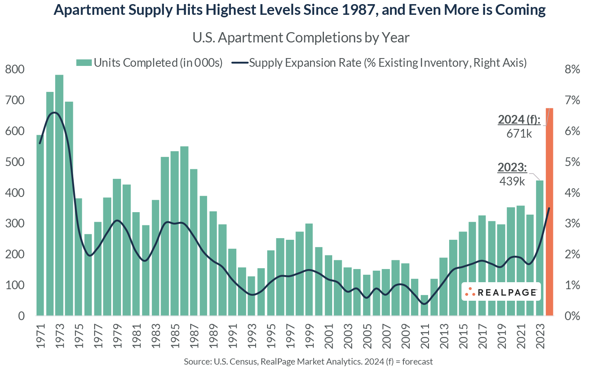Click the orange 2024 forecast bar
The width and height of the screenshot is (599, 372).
549,212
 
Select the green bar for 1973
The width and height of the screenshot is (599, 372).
59,195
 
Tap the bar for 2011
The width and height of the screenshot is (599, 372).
424,305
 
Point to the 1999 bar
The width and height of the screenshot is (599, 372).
309,269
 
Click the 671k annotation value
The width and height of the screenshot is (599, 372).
519,133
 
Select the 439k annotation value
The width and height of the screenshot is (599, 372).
512,181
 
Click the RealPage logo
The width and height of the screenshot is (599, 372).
501,292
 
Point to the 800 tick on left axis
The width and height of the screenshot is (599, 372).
15,70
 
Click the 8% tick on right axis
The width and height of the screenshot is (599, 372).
572,70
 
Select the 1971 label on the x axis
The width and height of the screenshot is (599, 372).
40,335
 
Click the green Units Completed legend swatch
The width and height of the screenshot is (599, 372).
84,63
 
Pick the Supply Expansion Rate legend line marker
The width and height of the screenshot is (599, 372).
240,63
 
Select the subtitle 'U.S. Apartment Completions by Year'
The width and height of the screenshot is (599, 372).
301,37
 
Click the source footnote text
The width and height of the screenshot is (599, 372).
308,362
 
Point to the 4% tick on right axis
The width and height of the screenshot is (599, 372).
572,193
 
